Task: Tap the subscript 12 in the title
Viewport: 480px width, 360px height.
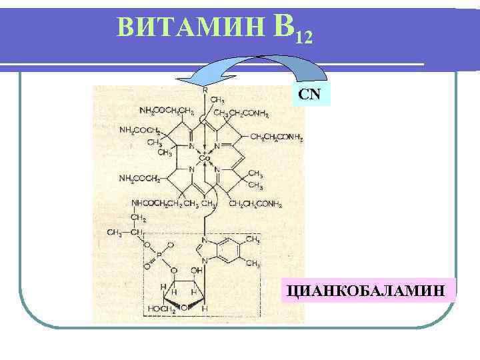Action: [301, 36]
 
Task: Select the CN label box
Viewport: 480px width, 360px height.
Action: [309, 94]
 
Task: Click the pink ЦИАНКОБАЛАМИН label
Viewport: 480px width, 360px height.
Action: [368, 291]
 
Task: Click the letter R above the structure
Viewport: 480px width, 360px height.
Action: [204, 89]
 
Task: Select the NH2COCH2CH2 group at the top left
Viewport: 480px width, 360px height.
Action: [166, 111]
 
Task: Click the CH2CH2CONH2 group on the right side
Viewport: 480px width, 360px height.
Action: [277, 137]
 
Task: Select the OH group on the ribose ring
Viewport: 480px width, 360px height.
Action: [196, 271]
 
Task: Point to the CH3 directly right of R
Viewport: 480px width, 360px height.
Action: [217, 100]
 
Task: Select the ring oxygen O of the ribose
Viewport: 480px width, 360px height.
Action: [183, 307]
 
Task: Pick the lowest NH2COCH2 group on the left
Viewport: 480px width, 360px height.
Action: [139, 179]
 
